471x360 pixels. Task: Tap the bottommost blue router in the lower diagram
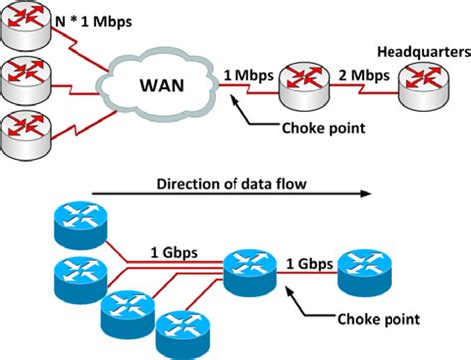(181, 328)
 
